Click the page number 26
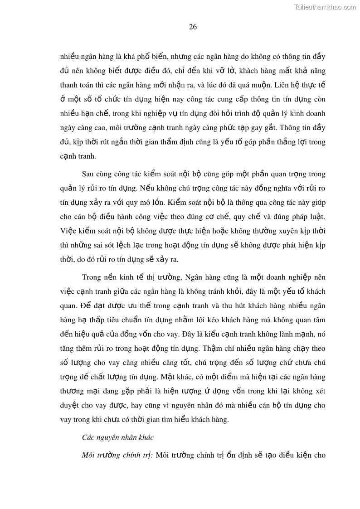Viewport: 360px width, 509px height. pos(193,27)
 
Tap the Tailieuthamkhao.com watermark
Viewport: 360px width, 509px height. pos(325,7)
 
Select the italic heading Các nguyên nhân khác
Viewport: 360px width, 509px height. pos(118,437)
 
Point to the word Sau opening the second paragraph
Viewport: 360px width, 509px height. pos(88,174)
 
